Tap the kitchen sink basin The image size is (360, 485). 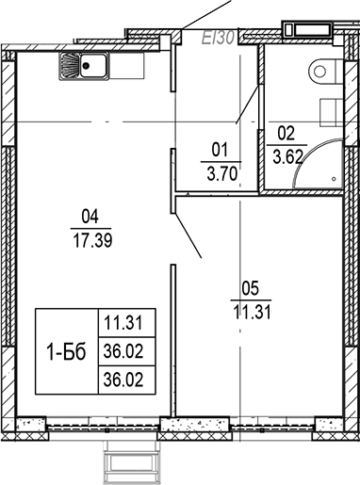93,66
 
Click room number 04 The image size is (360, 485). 90,215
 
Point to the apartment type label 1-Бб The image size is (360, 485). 66,352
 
